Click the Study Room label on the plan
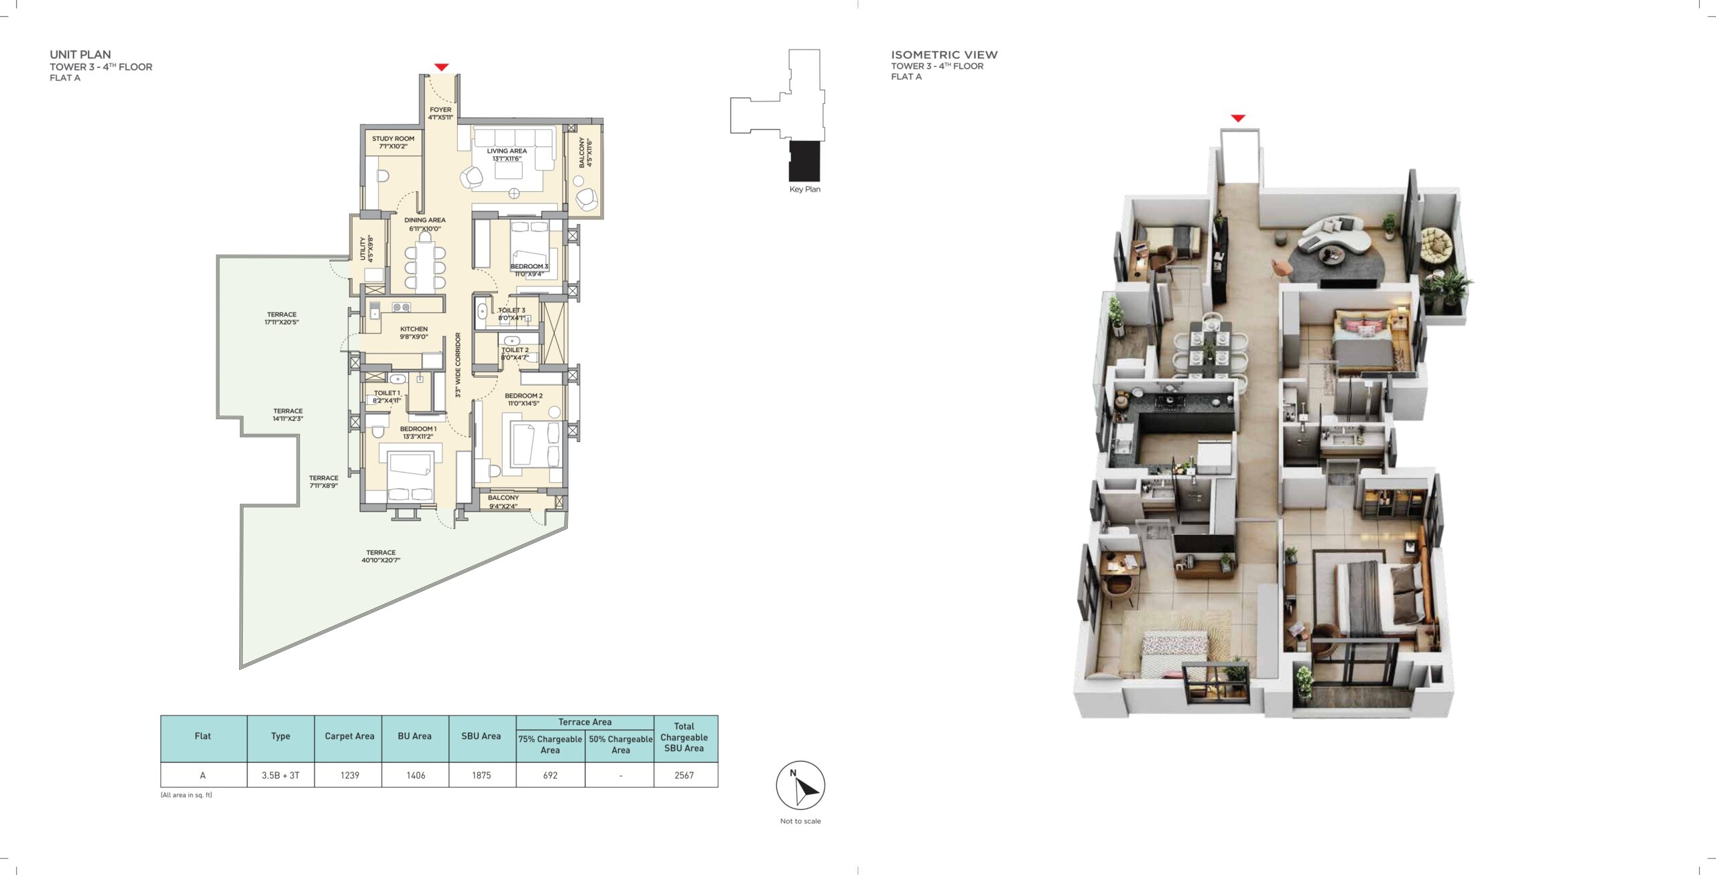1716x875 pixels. coord(393,142)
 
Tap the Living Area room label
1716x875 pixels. coord(507,155)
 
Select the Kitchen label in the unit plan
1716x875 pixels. coord(414,333)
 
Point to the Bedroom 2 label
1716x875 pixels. coord(524,400)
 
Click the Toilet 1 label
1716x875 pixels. coord(387,397)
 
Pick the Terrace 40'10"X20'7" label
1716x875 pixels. coord(381,557)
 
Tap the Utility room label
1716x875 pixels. coord(366,248)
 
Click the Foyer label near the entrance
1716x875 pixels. coord(440,113)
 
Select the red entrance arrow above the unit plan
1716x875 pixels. coord(441,67)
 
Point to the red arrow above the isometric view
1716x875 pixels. coord(1238,118)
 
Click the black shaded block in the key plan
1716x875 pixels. coord(804,161)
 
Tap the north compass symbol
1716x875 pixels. coord(800,785)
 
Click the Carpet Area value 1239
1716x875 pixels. coord(349,775)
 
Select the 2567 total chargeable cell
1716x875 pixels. coord(684,775)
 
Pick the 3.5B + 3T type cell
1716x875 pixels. coord(281,775)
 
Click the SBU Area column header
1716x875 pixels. coord(481,736)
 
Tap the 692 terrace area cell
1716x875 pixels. coord(550,775)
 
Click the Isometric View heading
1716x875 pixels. coord(944,54)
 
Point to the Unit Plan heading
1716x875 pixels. coord(80,54)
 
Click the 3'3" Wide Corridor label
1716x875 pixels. coord(458,365)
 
